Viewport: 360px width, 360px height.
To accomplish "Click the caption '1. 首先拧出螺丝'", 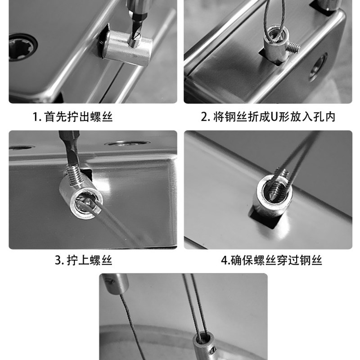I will pyautogui.click(x=72, y=117).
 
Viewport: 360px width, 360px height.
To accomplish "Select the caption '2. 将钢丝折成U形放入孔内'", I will pyautogui.click(x=268, y=117).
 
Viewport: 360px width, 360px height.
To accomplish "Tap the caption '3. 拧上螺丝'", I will pyautogui.click(x=83, y=260).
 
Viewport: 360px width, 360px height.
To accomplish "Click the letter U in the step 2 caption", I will pyautogui.click(x=275, y=117).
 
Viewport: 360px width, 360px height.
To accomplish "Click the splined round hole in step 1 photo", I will pyautogui.click(x=22, y=47).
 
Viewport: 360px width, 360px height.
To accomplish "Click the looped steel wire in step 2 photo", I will pyautogui.click(x=274, y=18).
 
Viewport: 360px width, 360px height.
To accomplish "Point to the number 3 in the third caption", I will pyautogui.click(x=58, y=260).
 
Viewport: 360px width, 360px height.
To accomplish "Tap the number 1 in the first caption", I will pyautogui.click(x=35, y=117).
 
